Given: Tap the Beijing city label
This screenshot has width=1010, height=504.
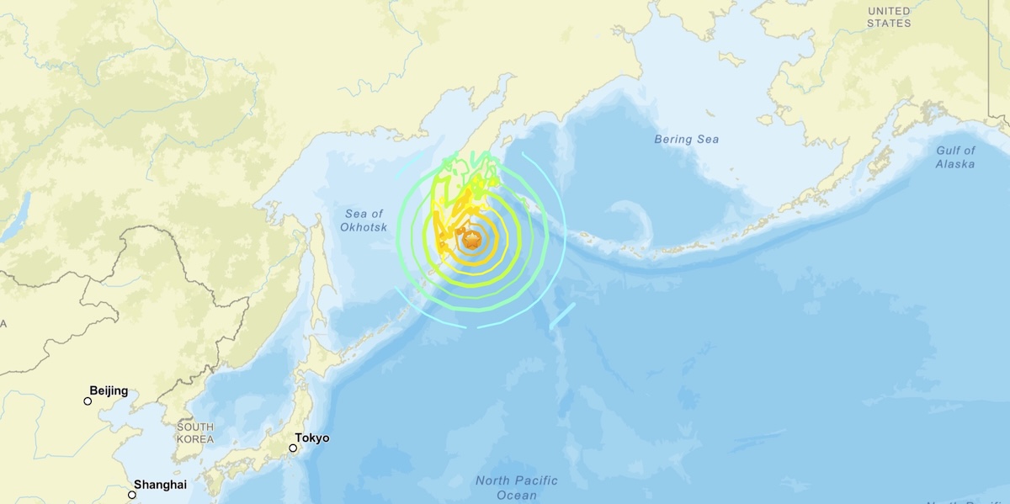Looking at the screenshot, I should (109, 390).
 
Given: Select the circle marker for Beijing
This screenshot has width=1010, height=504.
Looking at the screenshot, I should (88, 401).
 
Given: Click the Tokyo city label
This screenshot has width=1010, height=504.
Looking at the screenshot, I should (311, 438).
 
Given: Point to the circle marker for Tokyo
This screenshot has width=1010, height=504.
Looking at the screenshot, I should (293, 448).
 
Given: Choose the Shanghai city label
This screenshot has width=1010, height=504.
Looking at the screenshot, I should (160, 485).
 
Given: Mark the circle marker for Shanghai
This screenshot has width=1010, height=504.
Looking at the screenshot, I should (132, 495).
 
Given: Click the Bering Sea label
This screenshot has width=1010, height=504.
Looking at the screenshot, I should (687, 140).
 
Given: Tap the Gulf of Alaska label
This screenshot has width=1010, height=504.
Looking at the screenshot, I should (955, 157).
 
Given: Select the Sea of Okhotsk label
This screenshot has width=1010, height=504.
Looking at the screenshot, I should (363, 220).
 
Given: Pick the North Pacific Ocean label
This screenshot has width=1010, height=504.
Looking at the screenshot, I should (517, 488).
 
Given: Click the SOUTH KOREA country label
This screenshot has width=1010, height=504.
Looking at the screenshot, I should (195, 433).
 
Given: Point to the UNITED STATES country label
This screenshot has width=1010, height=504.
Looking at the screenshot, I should (889, 17).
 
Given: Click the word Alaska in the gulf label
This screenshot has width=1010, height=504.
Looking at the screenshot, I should (955, 164).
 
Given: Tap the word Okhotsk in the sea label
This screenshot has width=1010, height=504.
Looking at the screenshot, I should (363, 227).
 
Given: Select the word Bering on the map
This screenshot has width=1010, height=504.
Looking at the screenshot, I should (672, 140).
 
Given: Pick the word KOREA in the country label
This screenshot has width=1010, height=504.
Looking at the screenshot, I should (195, 439).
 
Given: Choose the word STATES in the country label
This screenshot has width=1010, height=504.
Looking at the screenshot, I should (889, 23).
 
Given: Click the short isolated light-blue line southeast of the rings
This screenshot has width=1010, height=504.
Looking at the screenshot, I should (561, 316).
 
